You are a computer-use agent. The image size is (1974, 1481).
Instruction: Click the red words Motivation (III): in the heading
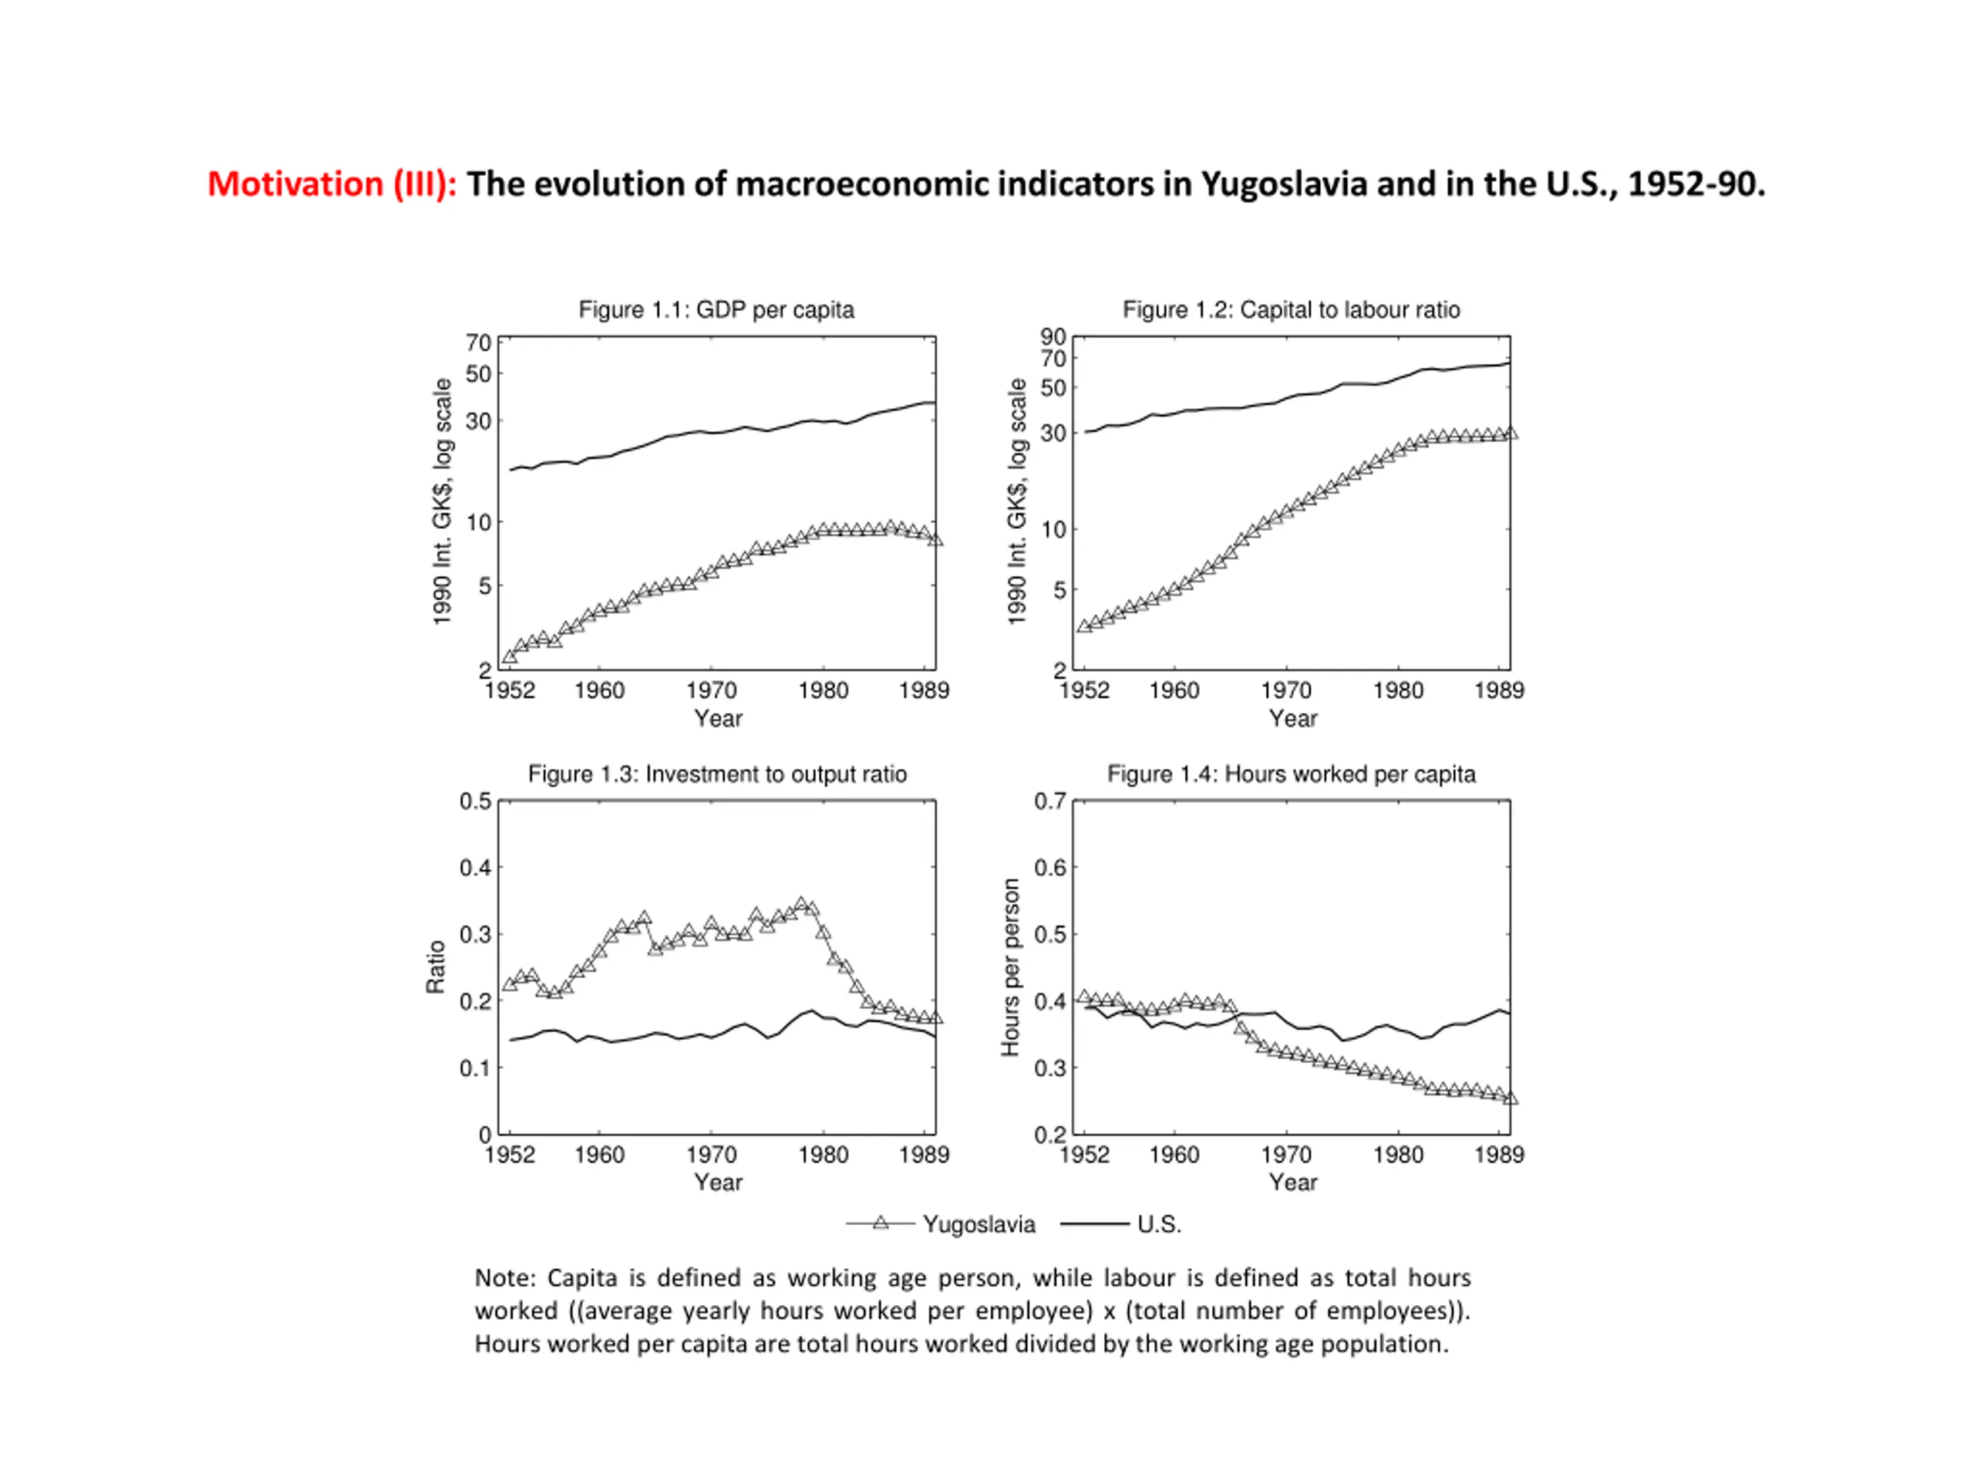332,184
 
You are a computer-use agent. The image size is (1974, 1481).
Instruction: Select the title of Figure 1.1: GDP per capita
716,310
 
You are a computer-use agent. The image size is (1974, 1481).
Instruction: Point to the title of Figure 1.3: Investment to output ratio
716,774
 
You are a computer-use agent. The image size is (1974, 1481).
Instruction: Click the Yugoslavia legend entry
941,1224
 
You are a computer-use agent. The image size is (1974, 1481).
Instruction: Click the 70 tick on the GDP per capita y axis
478,342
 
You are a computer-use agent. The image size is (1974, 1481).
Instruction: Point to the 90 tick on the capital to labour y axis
1053,336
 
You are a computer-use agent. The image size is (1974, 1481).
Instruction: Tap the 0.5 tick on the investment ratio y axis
476,801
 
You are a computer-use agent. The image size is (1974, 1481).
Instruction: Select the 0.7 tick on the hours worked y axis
1050,801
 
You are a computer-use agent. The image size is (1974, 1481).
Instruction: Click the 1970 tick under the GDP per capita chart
711,690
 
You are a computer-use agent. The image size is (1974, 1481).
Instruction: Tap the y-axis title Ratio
436,967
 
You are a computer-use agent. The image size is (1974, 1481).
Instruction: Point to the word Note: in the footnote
504,1277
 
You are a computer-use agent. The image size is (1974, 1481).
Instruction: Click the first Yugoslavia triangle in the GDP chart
510,656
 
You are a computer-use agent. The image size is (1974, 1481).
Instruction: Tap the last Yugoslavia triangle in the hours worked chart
1510,1098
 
